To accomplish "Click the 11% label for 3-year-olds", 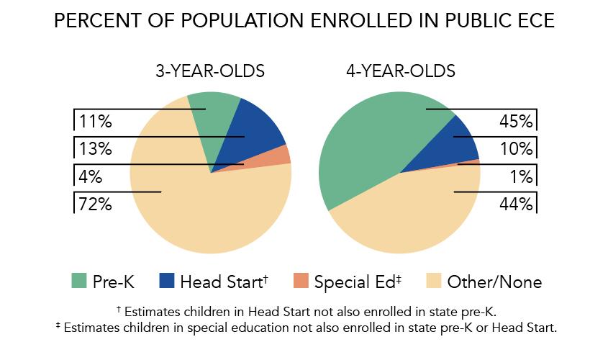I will tap(94, 121).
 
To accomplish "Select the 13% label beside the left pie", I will tap(96, 148).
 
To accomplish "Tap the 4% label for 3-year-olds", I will tap(91, 176).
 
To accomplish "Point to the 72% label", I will tap(96, 204).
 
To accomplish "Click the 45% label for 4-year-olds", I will tap(515, 121).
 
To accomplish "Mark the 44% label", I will tap(515, 204).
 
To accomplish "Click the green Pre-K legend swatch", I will tap(79, 281).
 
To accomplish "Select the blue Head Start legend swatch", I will tap(166, 281).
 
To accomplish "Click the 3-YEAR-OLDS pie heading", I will tap(210, 71).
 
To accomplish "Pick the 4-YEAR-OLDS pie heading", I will tap(400, 71).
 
